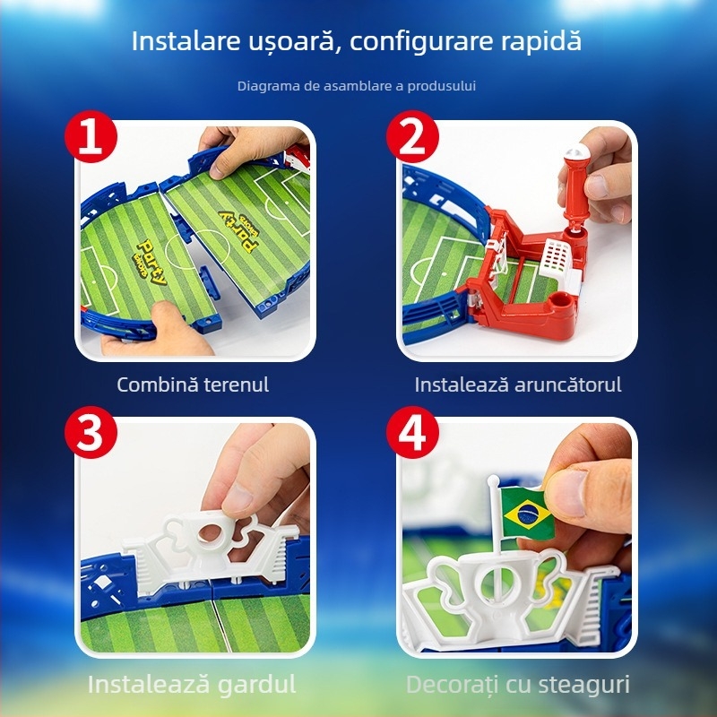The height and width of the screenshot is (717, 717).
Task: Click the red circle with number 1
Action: tap(91, 136)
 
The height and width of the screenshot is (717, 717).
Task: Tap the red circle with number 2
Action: tap(412, 136)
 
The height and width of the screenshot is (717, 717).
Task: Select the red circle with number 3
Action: tap(91, 432)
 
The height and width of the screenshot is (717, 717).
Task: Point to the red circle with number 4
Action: tap(412, 432)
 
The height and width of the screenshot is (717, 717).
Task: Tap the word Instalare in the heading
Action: tap(186, 40)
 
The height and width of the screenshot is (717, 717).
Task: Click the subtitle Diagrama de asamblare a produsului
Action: tap(357, 86)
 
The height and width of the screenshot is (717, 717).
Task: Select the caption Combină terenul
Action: tap(193, 384)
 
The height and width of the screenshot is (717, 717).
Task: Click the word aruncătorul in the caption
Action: tap(568, 384)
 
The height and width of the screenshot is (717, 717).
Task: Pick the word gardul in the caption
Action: tap(256, 685)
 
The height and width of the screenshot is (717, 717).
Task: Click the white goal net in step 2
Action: tap(557, 259)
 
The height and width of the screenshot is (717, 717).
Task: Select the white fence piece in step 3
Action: tap(207, 549)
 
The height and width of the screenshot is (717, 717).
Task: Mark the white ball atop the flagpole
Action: tap(494, 480)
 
